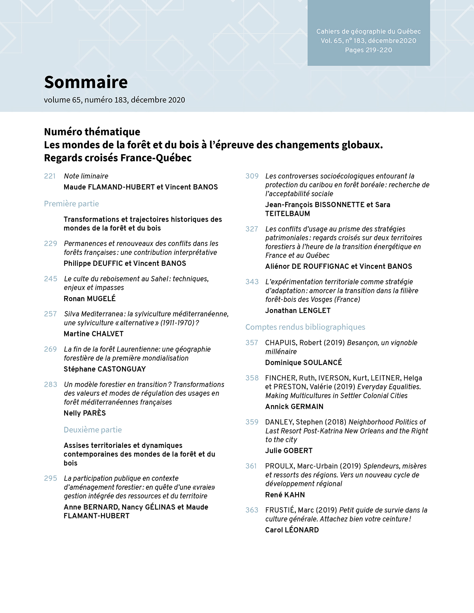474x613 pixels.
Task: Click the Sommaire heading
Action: pyautogui.click(x=86, y=82)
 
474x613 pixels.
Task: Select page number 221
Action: pyautogui.click(x=50, y=176)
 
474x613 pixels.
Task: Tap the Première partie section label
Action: pyautogui.click(x=72, y=204)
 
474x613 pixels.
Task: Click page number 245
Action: pyautogui.click(x=50, y=279)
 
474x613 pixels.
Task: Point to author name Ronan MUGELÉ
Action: pyautogui.click(x=90, y=299)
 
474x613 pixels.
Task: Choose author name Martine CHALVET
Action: pyautogui.click(x=94, y=334)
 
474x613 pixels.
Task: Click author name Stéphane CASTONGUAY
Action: pyautogui.click(x=105, y=369)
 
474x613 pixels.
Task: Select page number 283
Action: pyautogui.click(x=50, y=384)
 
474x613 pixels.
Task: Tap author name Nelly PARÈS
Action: pyautogui.click(x=85, y=413)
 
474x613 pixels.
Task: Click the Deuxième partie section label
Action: pyautogui.click(x=93, y=430)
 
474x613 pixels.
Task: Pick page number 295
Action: pyautogui.click(x=50, y=478)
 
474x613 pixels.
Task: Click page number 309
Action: pyautogui.click(x=252, y=176)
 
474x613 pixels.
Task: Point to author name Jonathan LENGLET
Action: pyautogui.click(x=298, y=311)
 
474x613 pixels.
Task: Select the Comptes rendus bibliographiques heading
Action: pyautogui.click(x=305, y=327)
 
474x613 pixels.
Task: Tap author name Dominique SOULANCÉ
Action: pyautogui.click(x=304, y=363)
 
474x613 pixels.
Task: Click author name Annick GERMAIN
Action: pyautogui.click(x=294, y=407)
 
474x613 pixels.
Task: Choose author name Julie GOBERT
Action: pyautogui.click(x=289, y=451)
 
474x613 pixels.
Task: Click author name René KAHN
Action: pyautogui.click(x=285, y=495)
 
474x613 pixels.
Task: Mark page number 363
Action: pyautogui.click(x=252, y=510)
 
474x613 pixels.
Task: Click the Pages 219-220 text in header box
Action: pyautogui.click(x=368, y=50)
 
